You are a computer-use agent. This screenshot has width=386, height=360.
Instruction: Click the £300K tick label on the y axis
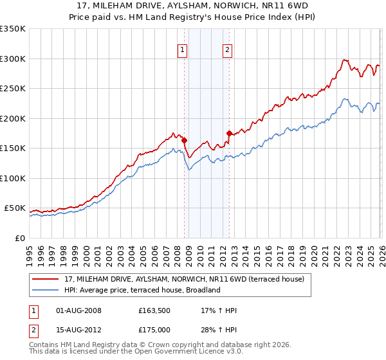coord(13,59)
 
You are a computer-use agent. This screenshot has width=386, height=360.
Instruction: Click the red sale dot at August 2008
coord(184,140)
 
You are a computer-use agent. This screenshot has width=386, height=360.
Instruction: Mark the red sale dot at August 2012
coord(229,133)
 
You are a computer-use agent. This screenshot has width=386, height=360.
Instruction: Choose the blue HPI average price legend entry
coord(142,290)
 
